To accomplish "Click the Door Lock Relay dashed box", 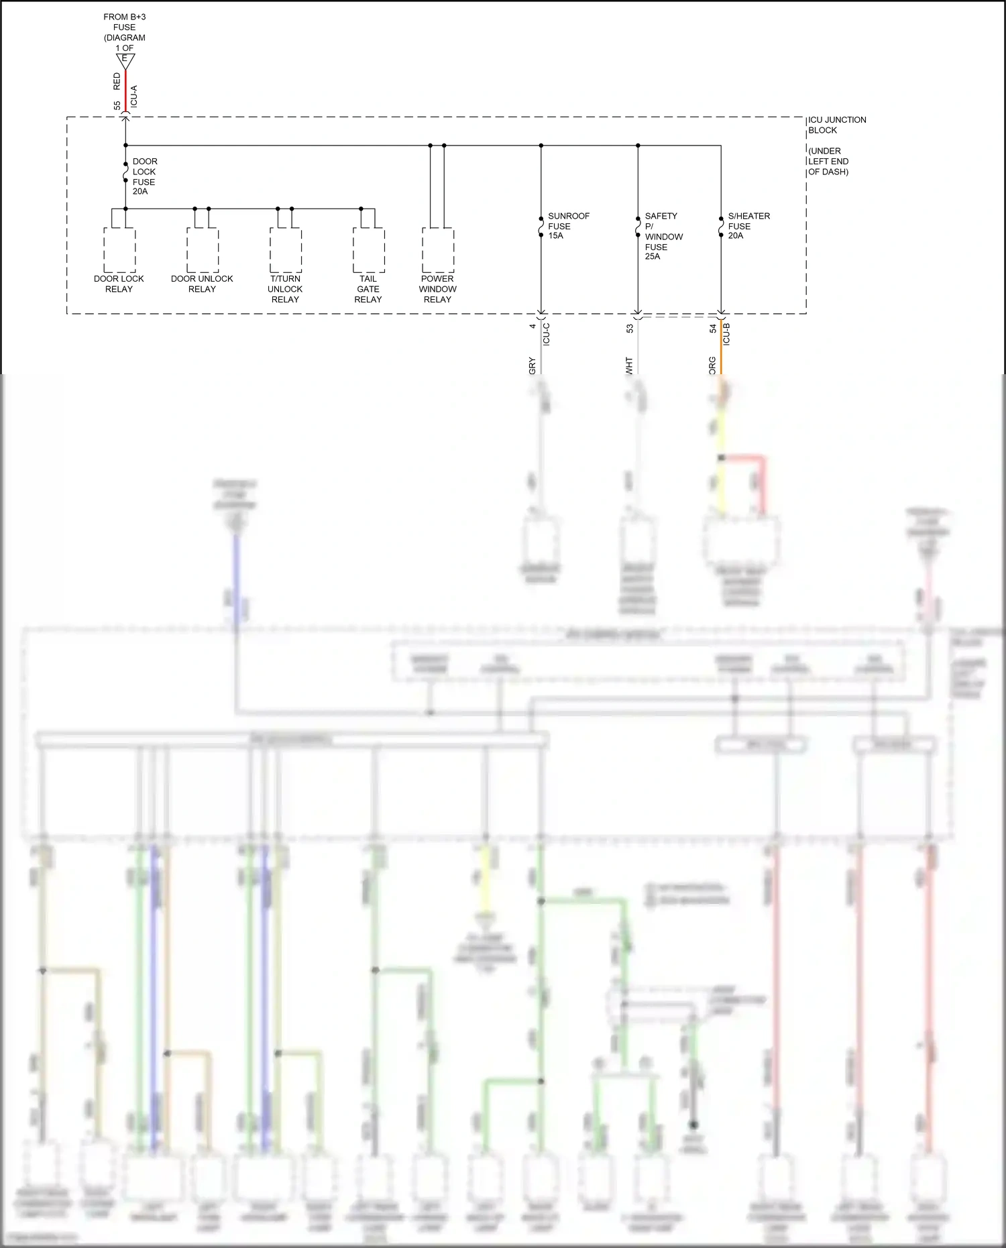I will coord(119,249).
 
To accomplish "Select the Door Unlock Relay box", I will coord(203,249).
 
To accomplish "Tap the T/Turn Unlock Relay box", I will coord(286,249).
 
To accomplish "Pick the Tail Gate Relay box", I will coord(368,249).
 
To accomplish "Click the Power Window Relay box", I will coord(438,249).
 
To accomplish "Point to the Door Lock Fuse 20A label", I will coord(144,176).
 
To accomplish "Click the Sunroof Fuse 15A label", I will coord(567,226).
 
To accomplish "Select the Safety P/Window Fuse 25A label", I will coord(663,236).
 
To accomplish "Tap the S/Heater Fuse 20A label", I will coord(748,226).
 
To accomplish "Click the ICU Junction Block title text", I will coord(836,125).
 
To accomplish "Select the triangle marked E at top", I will coord(125,60).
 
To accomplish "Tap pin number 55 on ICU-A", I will coord(117,106).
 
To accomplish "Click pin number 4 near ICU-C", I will coord(533,326).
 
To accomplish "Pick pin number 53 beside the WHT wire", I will coord(630,329).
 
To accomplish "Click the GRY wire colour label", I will coord(533,365).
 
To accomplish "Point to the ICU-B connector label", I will coord(727,333).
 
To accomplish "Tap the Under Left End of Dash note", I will coord(828,162).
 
